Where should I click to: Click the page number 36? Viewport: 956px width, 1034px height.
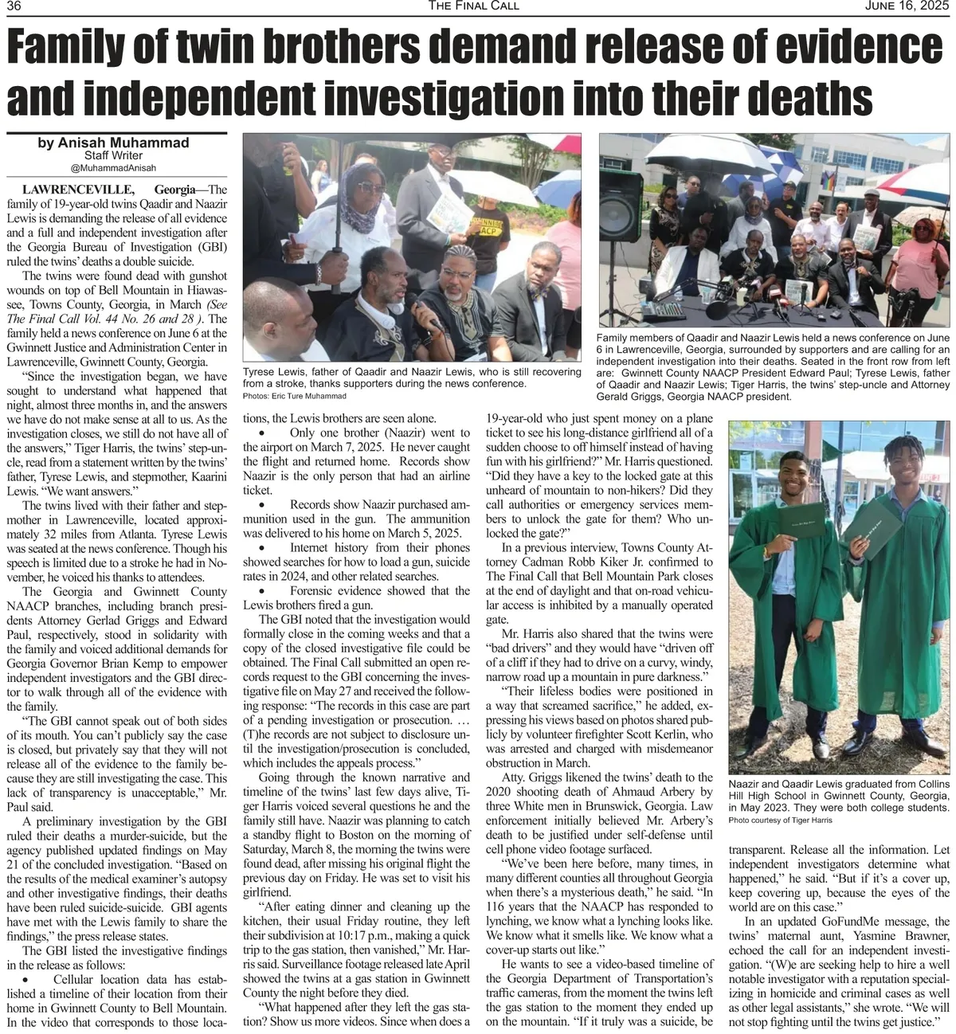[x=14, y=6]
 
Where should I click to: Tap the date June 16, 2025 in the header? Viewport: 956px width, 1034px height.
[x=908, y=6]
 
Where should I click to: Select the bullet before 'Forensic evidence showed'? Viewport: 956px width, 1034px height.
[x=262, y=591]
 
